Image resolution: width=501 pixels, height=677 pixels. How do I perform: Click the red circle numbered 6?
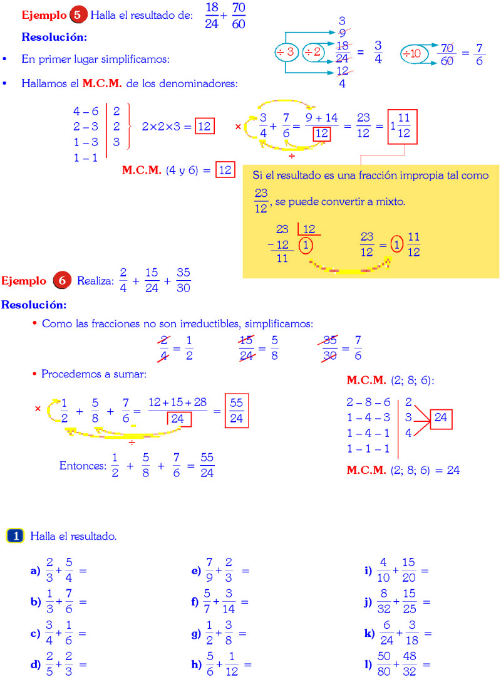(x=62, y=281)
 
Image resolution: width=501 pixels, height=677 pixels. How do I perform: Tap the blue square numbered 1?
(x=16, y=536)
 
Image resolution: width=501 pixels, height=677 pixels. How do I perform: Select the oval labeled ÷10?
(x=415, y=54)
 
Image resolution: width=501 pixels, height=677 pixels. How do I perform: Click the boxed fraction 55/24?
(x=236, y=411)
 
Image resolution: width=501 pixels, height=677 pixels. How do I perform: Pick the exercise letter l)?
(x=369, y=665)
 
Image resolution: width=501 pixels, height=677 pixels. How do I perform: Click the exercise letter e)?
(x=195, y=571)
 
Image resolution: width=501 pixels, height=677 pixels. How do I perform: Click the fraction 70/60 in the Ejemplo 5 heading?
(x=238, y=16)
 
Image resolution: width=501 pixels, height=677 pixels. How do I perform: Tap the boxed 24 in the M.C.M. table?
(x=442, y=419)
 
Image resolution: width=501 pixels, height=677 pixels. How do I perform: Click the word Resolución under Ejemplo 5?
(x=54, y=37)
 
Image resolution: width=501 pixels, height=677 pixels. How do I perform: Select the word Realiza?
(x=95, y=281)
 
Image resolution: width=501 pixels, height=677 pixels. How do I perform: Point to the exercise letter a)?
(x=35, y=571)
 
